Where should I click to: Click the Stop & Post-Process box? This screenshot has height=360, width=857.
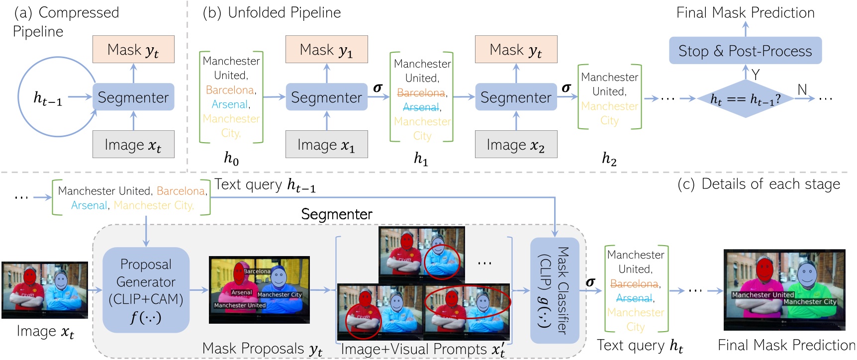coord(745,51)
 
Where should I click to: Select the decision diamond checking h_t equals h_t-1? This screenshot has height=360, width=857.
coord(745,99)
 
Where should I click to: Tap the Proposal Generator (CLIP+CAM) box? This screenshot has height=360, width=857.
coord(146,290)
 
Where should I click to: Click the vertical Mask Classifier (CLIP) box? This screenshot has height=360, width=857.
coord(555,290)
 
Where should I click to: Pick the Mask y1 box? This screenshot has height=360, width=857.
coord(326,50)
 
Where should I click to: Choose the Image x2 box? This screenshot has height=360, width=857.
coord(516,145)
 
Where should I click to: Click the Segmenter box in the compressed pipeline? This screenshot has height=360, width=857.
coord(133,97)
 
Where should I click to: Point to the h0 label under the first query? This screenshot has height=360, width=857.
coord(231,159)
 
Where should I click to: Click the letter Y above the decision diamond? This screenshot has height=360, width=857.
coord(756,75)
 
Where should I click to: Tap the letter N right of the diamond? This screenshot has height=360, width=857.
coord(802,90)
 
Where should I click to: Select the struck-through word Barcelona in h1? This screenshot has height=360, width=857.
coord(421,93)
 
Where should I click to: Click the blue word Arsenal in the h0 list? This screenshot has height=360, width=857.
coord(229,104)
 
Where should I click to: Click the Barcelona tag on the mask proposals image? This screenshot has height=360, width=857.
coord(257,271)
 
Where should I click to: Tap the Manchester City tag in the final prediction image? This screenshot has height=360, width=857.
coord(810,302)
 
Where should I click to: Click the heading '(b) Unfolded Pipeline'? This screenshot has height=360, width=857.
coord(272,13)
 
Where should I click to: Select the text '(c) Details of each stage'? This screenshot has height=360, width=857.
coord(759,184)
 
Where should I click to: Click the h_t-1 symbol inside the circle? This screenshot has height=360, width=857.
coord(48,98)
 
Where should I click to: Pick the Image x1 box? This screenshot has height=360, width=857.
coord(326,145)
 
